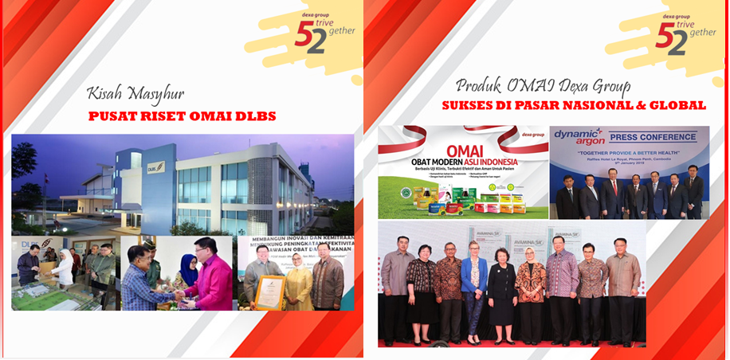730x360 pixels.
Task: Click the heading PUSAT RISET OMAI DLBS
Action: tap(182, 117)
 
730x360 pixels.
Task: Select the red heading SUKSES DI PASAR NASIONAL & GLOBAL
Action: tap(574, 104)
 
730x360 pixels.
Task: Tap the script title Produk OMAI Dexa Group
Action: tap(543, 85)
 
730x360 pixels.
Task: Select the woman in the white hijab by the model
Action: tap(64, 275)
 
